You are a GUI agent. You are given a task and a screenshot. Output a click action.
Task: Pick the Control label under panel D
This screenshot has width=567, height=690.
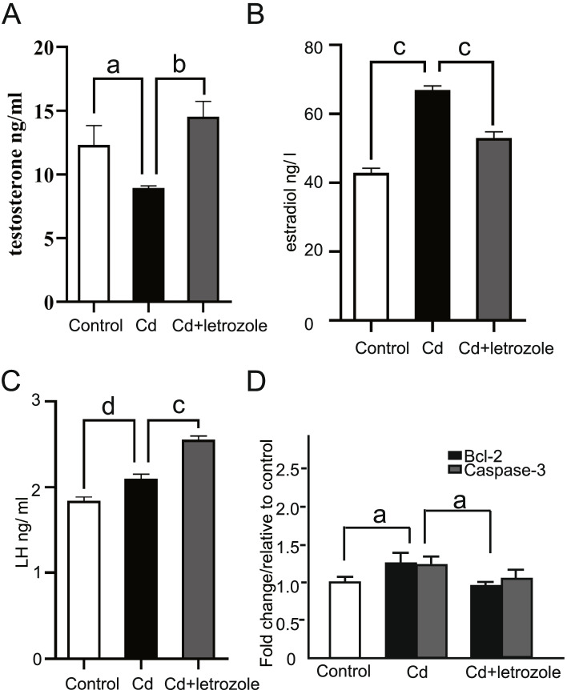tap(344, 670)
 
